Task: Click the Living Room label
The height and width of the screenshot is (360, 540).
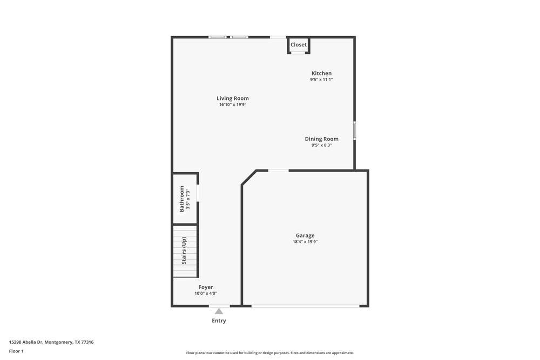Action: (x=232, y=98)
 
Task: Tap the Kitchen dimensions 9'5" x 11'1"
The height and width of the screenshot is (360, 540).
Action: (x=321, y=79)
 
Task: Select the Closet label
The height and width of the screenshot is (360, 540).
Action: (x=299, y=45)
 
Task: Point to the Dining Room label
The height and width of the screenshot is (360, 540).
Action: (x=321, y=139)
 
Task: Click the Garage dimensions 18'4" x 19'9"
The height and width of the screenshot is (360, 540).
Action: (x=305, y=242)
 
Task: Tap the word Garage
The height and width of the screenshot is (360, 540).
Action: (x=305, y=235)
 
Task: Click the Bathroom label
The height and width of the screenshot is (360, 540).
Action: (x=182, y=199)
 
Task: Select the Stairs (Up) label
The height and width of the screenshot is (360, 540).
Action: (x=184, y=250)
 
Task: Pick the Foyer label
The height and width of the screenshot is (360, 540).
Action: (x=206, y=287)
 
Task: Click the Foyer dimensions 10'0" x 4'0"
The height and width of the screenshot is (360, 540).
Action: (x=206, y=293)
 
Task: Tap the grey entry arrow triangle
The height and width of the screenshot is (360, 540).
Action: (x=219, y=311)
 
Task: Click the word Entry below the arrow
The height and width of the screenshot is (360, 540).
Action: (x=219, y=321)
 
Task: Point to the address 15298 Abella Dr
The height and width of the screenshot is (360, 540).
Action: (x=26, y=342)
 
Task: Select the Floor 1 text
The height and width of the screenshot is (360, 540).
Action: (x=16, y=351)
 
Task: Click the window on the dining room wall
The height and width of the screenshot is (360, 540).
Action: (x=354, y=131)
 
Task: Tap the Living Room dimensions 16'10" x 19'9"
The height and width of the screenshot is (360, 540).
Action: (x=233, y=105)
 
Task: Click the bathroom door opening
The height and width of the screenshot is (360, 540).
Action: (x=198, y=193)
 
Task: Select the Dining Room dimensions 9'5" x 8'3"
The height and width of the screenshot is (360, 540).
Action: (x=322, y=145)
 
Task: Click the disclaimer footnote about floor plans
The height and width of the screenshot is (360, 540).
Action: (x=269, y=353)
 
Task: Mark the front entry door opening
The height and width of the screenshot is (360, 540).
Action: (x=219, y=305)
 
